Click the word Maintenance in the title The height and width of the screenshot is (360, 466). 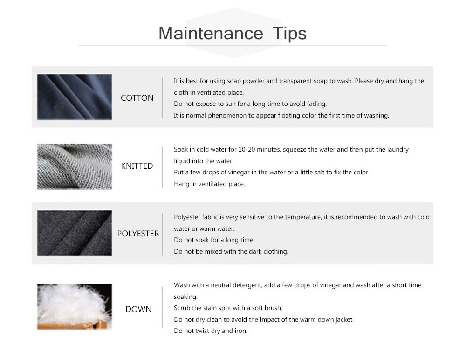point(211,33)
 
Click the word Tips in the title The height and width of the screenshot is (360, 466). point(289,34)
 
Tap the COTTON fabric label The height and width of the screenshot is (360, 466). point(137,98)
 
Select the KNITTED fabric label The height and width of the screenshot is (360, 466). point(137,166)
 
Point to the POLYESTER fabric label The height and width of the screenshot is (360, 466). point(138,234)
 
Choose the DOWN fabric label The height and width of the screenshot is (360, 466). point(138,309)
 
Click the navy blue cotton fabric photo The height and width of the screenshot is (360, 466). point(75,97)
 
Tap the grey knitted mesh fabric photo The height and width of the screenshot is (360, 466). point(75,166)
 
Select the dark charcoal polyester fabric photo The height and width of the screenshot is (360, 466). point(75,233)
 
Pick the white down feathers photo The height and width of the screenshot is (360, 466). point(75,306)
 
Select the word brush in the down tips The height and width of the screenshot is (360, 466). point(274,308)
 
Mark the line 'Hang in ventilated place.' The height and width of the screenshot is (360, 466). point(210,184)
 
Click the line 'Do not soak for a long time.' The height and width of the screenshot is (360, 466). point(214,240)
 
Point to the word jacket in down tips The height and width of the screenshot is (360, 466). point(344,320)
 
